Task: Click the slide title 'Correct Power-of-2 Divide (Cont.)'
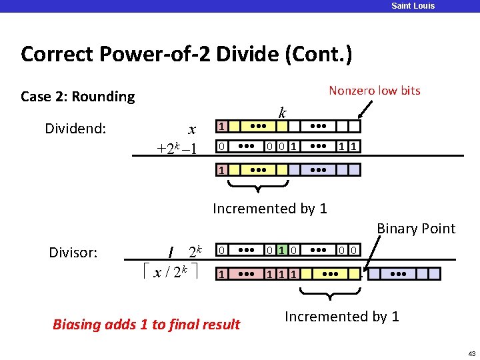(x=186, y=54)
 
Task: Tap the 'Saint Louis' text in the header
(x=413, y=6)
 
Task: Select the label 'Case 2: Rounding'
(x=77, y=97)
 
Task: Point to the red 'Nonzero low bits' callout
(x=374, y=91)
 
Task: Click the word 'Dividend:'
(x=75, y=128)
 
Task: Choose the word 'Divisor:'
(x=73, y=252)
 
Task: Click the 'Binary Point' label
(x=416, y=229)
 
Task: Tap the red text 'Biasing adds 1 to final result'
(x=146, y=325)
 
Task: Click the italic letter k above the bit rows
(x=283, y=113)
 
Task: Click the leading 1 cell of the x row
(x=223, y=127)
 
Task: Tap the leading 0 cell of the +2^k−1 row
(x=223, y=145)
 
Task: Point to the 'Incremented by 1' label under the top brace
(x=269, y=209)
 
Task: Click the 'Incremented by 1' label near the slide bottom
(x=341, y=317)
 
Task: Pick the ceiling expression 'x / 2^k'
(x=171, y=272)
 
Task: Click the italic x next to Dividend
(x=191, y=129)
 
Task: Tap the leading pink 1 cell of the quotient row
(x=223, y=273)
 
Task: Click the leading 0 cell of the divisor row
(x=223, y=251)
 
